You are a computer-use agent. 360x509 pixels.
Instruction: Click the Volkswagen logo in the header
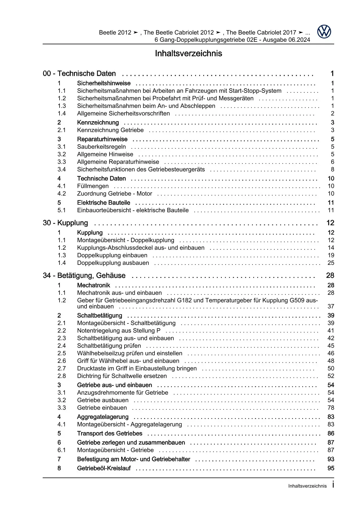[x=324, y=32]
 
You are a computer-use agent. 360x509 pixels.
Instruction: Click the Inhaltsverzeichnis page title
[x=188, y=53]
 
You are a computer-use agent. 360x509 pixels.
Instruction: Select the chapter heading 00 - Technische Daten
[x=79, y=73]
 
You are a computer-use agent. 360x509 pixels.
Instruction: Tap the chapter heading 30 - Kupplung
[x=65, y=223]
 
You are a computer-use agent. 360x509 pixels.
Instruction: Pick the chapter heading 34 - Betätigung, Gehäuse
[x=84, y=275]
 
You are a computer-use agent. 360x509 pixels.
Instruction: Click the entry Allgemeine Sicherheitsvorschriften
[x=123, y=114]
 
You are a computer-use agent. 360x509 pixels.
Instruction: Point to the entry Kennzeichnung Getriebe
[x=110, y=130]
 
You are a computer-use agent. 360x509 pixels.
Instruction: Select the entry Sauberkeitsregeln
[x=101, y=147]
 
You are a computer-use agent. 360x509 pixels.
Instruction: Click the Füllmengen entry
[x=93, y=186]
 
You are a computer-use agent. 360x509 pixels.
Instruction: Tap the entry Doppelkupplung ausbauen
[x=113, y=263]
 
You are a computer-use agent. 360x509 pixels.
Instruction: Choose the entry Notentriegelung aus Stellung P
[x=119, y=330]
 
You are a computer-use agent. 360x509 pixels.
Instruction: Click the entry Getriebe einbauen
[x=102, y=408]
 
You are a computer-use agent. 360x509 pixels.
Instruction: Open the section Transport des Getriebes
[x=110, y=433]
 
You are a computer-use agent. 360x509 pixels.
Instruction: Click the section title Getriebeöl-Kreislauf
[x=104, y=468]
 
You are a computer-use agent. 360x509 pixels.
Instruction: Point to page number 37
[x=331, y=306]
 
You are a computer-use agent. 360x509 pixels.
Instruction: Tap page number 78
[x=331, y=408]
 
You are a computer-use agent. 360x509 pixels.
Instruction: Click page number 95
[x=331, y=468]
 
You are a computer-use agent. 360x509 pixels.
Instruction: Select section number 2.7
[x=62, y=368]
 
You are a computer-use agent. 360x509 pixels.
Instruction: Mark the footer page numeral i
[x=333, y=485]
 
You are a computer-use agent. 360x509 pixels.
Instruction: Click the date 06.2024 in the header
[x=299, y=40]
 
